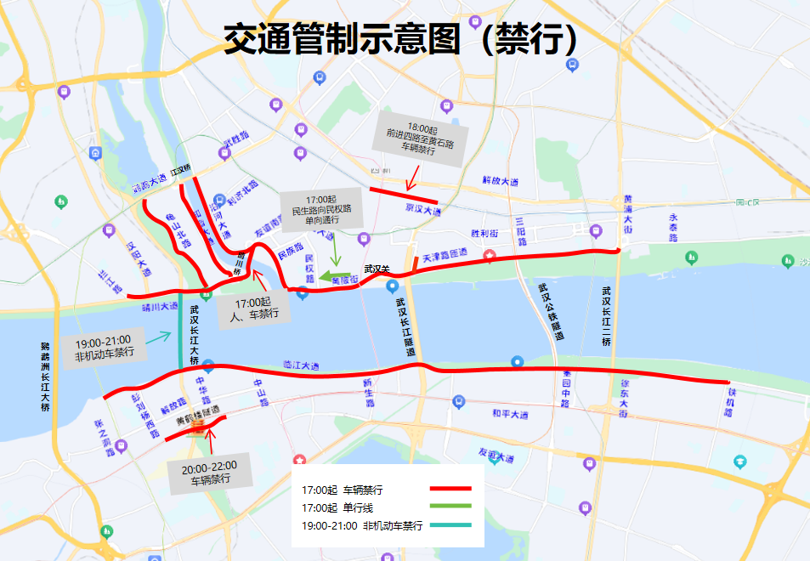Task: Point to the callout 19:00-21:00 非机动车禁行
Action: point(104,347)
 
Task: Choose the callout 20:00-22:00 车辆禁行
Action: point(210,472)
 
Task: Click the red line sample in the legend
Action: point(450,489)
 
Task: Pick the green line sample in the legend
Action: point(450,507)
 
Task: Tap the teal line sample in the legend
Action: point(450,525)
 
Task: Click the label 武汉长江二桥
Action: point(606,315)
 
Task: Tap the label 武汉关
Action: point(376,269)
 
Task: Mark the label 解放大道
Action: point(500,181)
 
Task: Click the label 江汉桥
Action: point(181,169)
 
